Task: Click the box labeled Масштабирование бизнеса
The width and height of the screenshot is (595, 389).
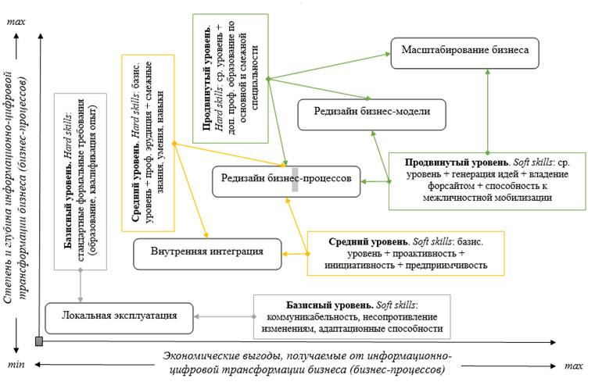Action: click(x=465, y=51)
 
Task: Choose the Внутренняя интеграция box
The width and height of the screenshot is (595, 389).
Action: click(x=207, y=252)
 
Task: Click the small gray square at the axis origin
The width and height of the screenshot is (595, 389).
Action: click(x=38, y=341)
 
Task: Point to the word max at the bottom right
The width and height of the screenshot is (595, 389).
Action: click(x=575, y=366)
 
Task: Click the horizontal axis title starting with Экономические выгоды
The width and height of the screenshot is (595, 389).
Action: click(x=308, y=362)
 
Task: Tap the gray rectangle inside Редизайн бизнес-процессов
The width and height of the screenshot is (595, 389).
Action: click(x=295, y=179)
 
